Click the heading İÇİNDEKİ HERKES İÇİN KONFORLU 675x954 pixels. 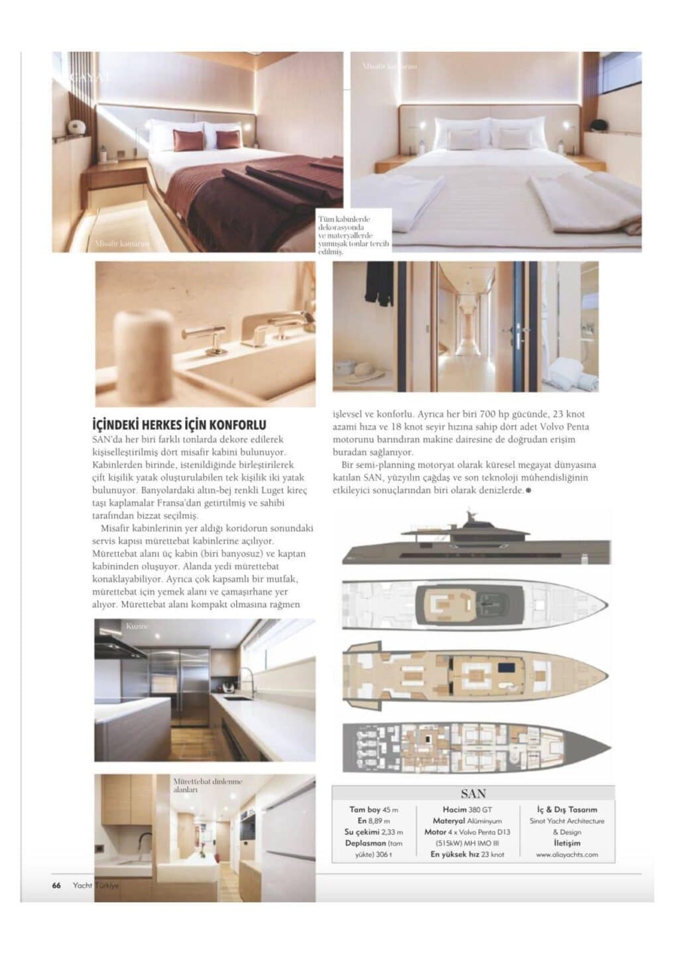click(x=178, y=425)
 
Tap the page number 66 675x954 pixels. click(x=57, y=886)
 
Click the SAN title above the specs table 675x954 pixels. click(x=473, y=793)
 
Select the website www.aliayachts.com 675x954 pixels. click(x=566, y=855)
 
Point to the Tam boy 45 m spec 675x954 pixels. click(x=374, y=810)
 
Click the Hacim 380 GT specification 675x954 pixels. click(x=467, y=810)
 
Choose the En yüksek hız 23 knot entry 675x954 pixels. click(x=467, y=855)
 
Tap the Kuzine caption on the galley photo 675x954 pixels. click(x=138, y=626)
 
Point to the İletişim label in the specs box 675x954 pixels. click(x=566, y=843)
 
